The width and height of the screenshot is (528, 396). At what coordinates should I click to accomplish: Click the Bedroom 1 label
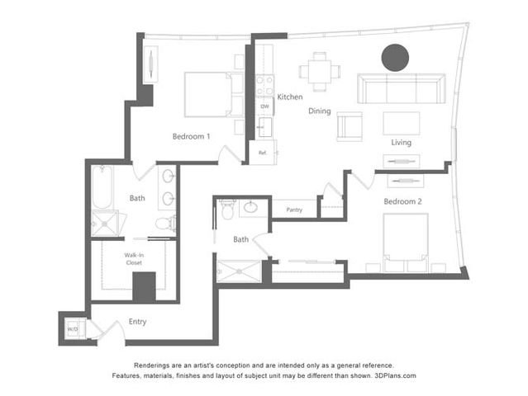point(191,136)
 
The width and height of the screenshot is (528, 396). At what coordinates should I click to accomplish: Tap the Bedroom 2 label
point(402,201)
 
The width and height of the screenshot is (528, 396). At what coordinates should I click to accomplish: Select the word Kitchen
point(290,97)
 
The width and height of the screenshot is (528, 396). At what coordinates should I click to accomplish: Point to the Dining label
point(320,111)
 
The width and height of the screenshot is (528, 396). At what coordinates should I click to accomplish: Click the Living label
point(401,143)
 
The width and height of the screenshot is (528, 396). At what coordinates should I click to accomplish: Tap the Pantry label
point(294,210)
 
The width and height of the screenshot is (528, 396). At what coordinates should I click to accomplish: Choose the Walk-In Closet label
point(134,259)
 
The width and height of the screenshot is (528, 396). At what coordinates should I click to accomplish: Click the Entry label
point(137,322)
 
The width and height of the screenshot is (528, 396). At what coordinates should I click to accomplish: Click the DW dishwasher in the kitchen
point(264,106)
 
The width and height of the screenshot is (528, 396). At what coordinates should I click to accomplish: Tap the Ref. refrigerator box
point(263,153)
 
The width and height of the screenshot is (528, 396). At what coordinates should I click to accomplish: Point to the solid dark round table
point(395,58)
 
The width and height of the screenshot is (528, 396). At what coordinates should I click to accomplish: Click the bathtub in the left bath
point(102,187)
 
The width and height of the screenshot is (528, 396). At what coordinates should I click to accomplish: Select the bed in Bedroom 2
point(406,243)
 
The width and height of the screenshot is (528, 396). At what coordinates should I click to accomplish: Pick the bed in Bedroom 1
point(214,95)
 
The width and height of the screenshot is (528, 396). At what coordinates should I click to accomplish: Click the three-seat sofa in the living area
point(402,88)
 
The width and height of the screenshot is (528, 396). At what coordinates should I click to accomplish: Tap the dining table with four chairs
point(320,72)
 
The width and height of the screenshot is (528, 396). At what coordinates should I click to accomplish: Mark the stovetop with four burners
point(264,85)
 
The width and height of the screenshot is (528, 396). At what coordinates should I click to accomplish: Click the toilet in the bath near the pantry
point(227,209)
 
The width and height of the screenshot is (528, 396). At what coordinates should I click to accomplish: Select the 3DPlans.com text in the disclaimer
point(395,375)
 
